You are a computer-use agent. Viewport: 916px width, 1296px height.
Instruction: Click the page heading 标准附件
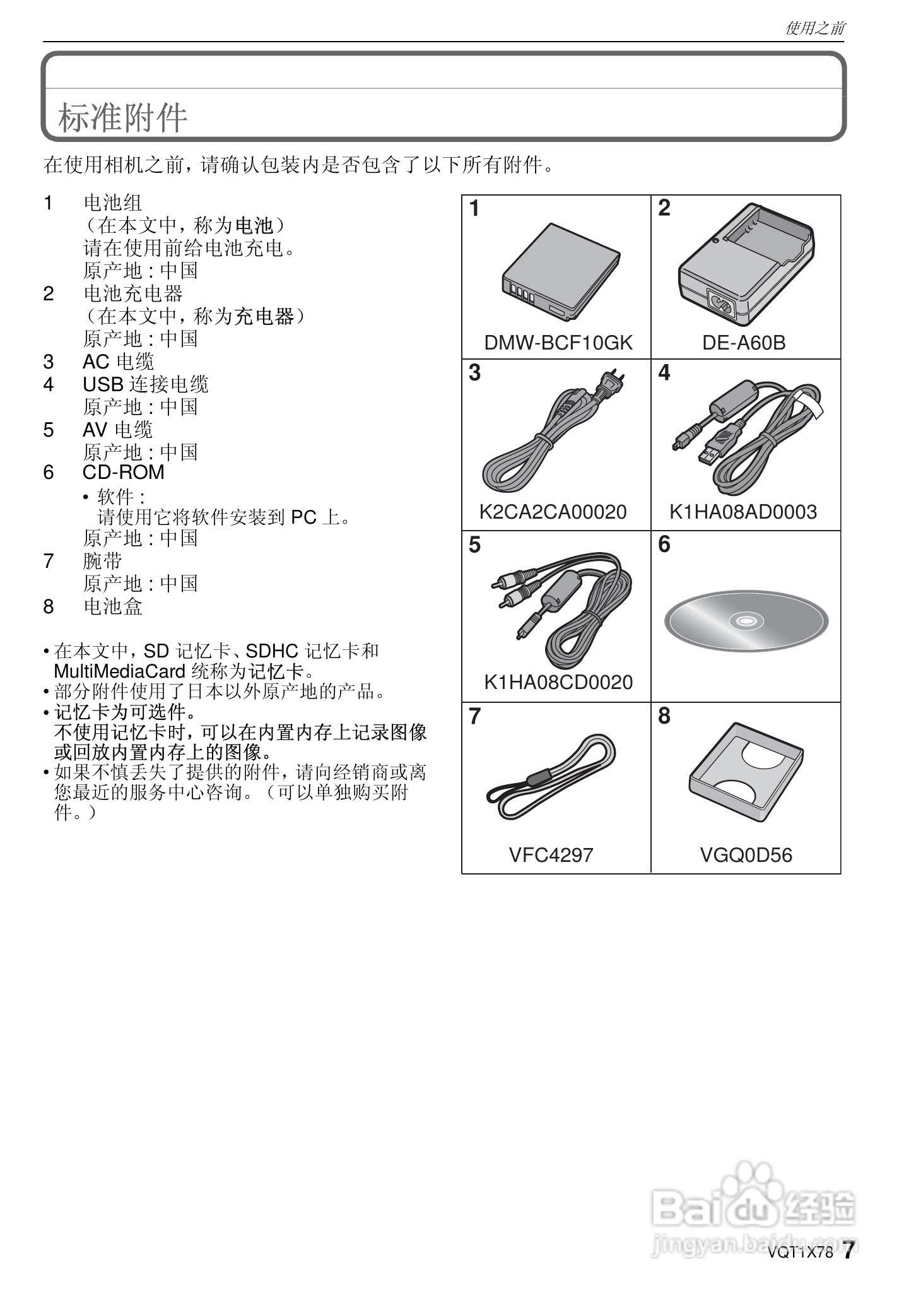(x=123, y=118)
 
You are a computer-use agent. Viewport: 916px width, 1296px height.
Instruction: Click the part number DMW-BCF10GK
(x=558, y=343)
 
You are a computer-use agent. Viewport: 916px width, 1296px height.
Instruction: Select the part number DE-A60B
(x=744, y=343)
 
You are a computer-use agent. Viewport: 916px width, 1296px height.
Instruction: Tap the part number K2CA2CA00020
(x=553, y=512)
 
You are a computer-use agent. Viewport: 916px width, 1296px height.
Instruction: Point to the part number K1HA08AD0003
(x=743, y=512)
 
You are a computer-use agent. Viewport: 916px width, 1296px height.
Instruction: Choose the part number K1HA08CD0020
(x=558, y=682)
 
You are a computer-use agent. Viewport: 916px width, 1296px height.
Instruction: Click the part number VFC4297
(x=551, y=855)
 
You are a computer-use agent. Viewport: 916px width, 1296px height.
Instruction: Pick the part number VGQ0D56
(x=746, y=855)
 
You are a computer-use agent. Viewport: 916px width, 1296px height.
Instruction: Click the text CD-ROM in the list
(x=123, y=472)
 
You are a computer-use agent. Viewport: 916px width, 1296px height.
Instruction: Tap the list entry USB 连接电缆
(x=145, y=384)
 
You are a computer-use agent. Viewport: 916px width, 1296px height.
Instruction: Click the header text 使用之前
(x=814, y=28)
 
